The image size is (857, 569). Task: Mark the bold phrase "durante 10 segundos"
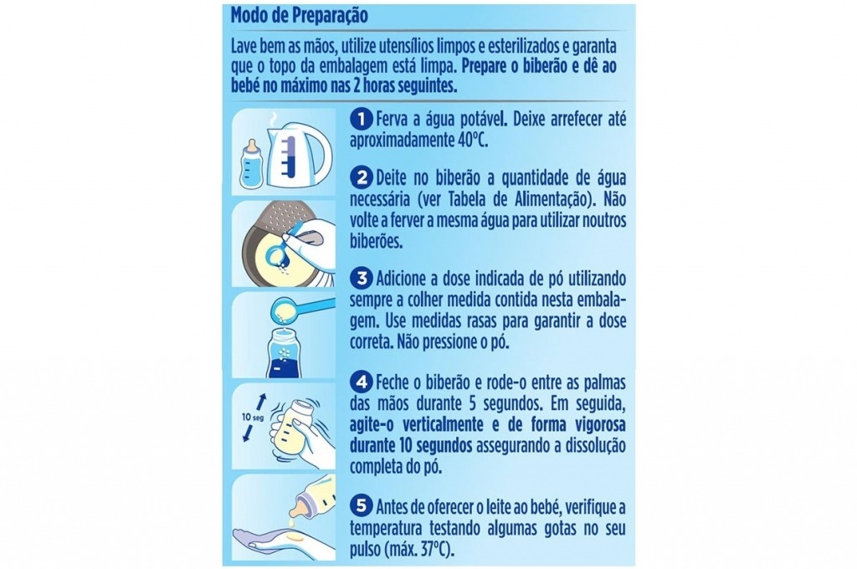click(x=408, y=443)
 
